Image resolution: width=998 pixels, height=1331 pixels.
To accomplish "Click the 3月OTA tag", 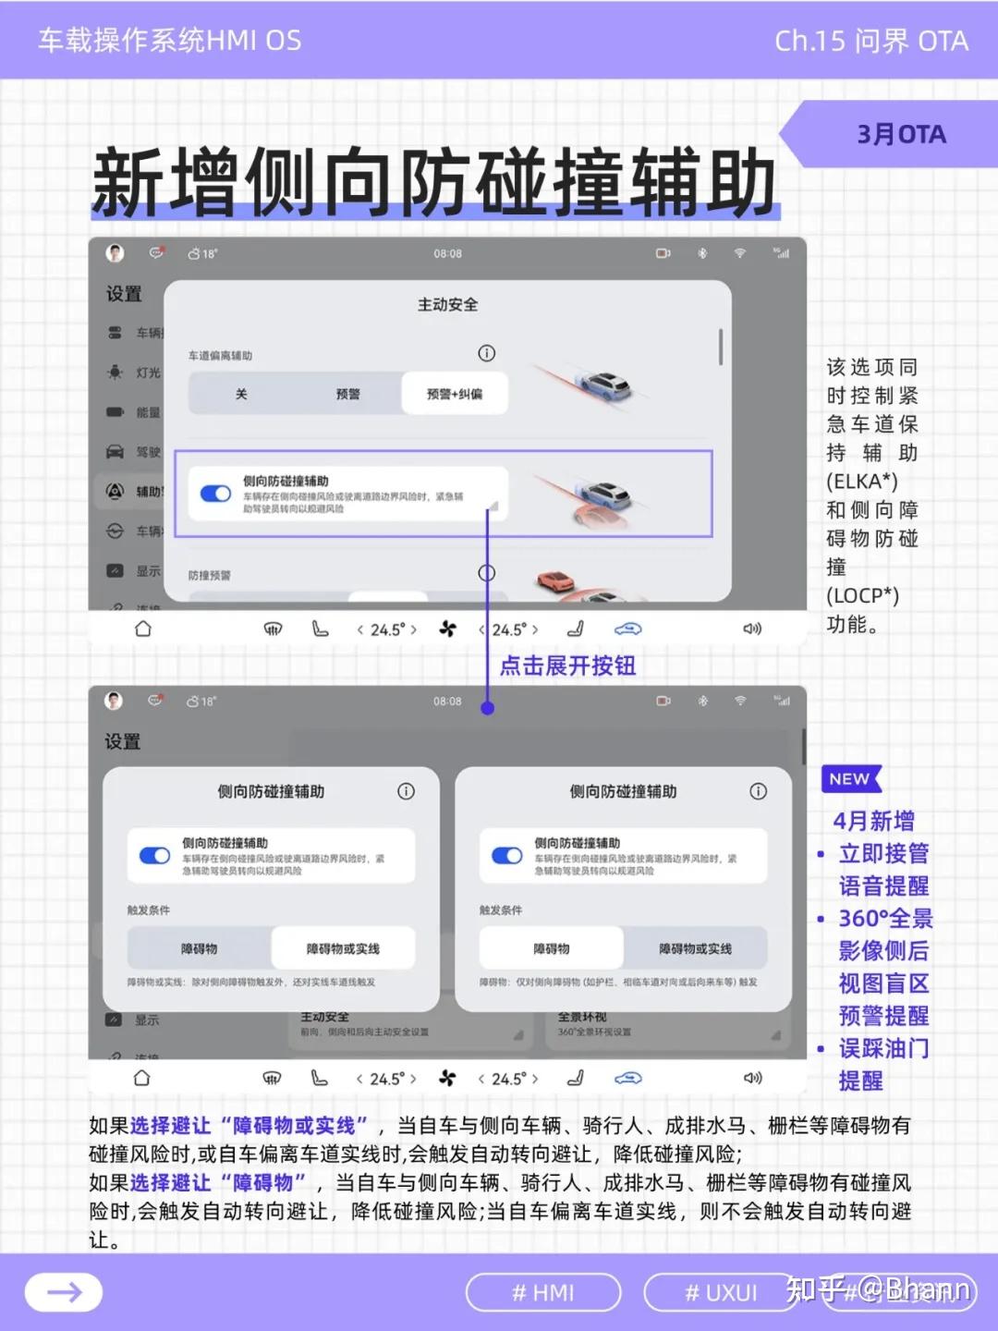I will coord(901,135).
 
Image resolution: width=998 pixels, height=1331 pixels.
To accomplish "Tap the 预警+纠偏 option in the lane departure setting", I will coord(455,394).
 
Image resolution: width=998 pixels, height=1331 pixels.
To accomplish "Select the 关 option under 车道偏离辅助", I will coord(241,394).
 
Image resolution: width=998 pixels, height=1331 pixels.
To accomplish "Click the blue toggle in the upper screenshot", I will coord(216,494).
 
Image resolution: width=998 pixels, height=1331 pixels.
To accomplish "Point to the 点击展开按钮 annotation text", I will coord(567,665).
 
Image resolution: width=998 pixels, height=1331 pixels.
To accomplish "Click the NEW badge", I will coord(850,779).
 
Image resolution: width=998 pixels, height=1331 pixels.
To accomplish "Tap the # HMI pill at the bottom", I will coord(543,1292).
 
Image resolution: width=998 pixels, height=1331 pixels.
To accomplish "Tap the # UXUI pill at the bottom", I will coord(721,1292).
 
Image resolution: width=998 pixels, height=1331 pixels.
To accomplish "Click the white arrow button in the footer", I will coord(64,1292).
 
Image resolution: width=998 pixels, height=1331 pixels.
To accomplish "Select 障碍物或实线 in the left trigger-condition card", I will coord(343,948).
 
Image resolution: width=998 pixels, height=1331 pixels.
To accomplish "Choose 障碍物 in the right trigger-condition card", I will coord(552,948).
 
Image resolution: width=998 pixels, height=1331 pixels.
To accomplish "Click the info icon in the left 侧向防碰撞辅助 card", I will coord(406,791).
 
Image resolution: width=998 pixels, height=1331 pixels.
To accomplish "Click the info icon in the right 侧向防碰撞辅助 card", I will coord(759,791).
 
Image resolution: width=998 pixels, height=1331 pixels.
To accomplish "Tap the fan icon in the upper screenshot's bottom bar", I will coord(448,629).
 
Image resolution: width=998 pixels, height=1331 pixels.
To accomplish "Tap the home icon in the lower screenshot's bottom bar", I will coord(141,1078).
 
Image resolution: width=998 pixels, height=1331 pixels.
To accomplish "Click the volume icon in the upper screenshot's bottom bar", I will coord(752,629).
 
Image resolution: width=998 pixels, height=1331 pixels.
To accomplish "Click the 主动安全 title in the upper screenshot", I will coord(448,305).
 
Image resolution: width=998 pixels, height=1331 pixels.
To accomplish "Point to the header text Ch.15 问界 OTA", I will coord(871,41).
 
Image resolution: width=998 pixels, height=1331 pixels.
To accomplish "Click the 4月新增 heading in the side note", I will coord(874,821).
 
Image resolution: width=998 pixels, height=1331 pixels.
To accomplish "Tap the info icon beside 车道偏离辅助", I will coord(487,353).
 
